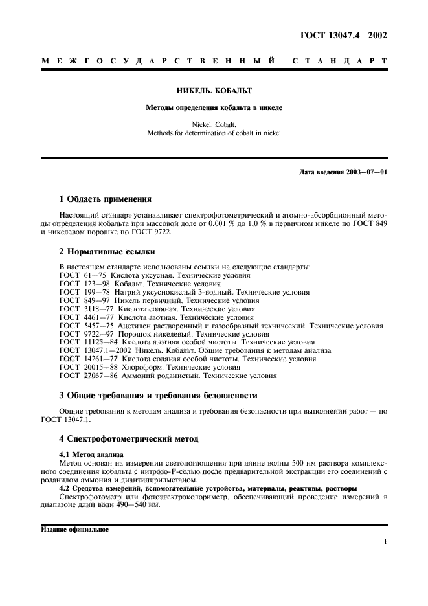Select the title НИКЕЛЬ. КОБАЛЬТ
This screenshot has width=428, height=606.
(214, 92)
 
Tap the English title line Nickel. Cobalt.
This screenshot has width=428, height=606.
(214, 124)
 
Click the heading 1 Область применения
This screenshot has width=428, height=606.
(105, 199)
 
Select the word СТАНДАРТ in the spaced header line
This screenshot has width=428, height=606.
(339, 61)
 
